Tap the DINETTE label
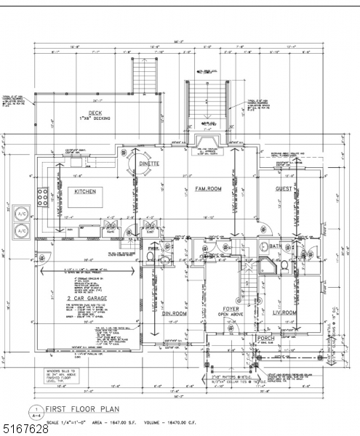coord(153,164)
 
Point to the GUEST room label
coord(284,189)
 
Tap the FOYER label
coord(231,309)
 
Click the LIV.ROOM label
coord(284,312)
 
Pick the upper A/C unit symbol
coord(21,215)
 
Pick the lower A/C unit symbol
coord(21,232)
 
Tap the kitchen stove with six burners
coord(42,196)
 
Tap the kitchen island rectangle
coord(87,197)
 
